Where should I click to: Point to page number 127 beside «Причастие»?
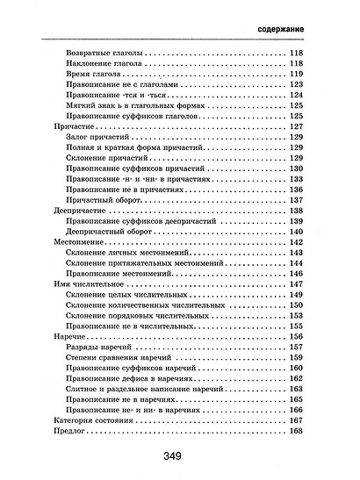[295, 127]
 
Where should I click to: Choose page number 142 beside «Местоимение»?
[295, 241]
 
